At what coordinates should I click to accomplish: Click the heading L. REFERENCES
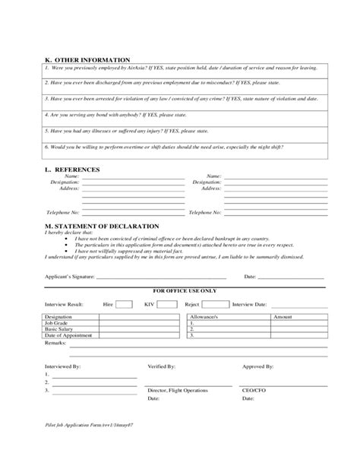73,169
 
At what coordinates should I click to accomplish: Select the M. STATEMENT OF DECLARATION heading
102,226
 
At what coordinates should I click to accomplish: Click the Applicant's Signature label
69,277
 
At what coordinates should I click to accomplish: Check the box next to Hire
125,303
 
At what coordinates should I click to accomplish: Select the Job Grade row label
58,322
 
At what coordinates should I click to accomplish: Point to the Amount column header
283,315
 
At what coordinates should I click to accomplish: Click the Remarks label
57,343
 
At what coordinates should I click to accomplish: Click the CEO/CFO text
254,390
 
